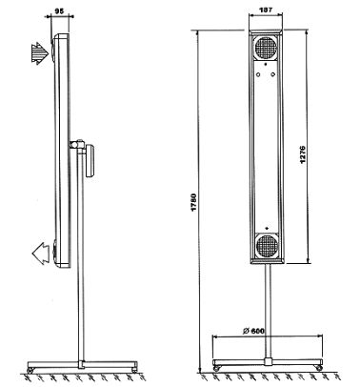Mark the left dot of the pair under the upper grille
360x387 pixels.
(257, 72)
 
